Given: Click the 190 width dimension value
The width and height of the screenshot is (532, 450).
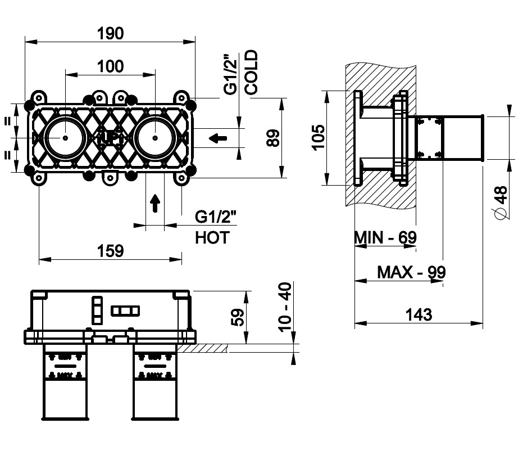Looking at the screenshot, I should click(110, 33).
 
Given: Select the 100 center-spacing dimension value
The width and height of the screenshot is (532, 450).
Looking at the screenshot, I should click(110, 66).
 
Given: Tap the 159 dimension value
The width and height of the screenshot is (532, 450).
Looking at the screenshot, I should click(110, 251).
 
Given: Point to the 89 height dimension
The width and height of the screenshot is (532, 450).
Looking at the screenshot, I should click(273, 138).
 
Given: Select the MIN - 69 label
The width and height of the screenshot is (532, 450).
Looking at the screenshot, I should click(385, 237).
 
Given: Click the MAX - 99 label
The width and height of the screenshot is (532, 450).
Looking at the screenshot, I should click(411, 272).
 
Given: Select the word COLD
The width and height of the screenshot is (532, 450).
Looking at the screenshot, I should click(251, 71).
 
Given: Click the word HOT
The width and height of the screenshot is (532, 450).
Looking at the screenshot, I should click(212, 237).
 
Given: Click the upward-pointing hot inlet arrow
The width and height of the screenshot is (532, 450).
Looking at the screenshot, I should click(155, 203).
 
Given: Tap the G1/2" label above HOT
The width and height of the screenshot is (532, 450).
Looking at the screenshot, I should click(216, 217).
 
